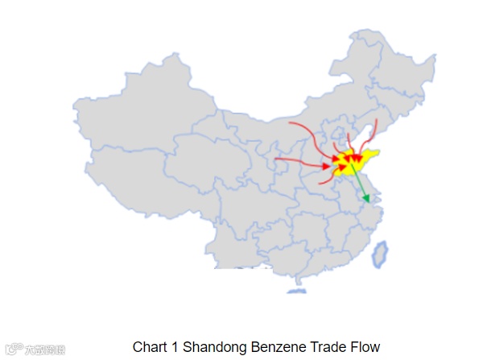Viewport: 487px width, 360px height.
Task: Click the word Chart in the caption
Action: coord(149,347)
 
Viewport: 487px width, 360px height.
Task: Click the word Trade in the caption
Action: coord(321,347)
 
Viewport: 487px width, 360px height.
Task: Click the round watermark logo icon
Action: coord(12,350)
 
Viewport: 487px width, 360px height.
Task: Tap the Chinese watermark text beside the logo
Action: coord(44,350)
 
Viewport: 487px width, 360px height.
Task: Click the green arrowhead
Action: coord(366,197)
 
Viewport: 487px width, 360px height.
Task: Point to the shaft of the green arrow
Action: coord(359,182)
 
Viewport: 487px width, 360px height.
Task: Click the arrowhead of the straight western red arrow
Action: coord(328,167)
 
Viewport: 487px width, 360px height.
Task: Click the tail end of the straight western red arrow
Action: coord(276,159)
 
